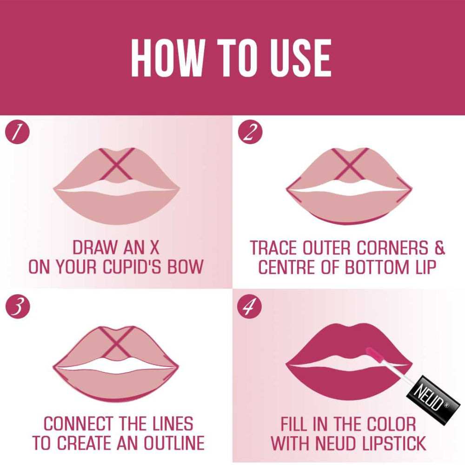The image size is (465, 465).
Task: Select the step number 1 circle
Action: point(17,132)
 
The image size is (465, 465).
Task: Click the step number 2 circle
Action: point(250,132)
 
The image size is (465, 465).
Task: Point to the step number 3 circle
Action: point(18,306)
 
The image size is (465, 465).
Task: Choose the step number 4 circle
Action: point(249,306)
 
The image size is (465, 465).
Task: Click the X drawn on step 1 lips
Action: point(117,164)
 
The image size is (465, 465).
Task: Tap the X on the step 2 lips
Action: point(350,164)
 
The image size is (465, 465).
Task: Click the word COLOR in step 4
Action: point(392,424)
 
